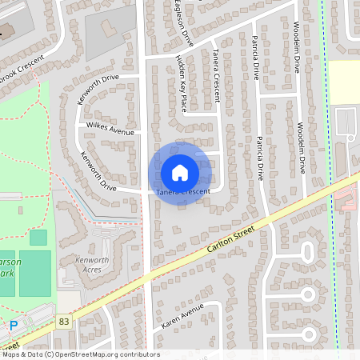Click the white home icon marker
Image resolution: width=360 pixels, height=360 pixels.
(x=180, y=173)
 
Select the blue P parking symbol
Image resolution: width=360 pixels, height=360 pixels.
(x=13, y=325)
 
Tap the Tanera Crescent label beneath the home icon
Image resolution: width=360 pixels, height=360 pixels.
(x=183, y=193)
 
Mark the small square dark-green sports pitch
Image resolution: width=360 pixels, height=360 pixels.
(x=38, y=238)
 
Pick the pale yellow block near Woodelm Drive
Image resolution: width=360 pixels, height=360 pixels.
(x=345, y=83)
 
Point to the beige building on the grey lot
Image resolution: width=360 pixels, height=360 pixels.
(x=107, y=26)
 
